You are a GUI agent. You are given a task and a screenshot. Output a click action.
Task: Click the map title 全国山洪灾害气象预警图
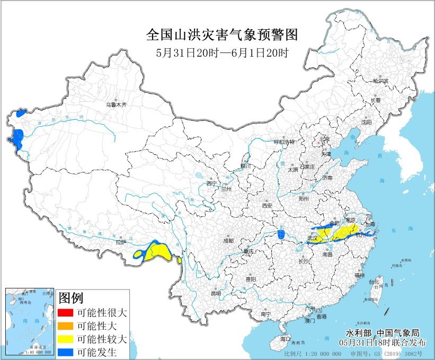pos(222,36)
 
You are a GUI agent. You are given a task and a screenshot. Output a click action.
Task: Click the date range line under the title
pos(222,52)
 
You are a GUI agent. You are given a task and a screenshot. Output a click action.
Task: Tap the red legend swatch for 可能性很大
pos(66,313)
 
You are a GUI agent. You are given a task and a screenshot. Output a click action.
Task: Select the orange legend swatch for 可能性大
pos(66,326)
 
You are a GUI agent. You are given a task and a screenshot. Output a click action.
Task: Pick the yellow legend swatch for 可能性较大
pos(66,339)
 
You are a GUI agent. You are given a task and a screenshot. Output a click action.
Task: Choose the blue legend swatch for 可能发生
pos(66,352)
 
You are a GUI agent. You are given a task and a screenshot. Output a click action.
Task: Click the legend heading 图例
pos(71,297)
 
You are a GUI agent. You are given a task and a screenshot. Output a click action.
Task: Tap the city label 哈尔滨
pos(380,81)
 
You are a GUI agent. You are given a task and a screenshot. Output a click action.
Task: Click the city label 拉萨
pos(121,242)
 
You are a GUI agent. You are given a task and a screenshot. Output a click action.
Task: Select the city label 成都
pos(228,240)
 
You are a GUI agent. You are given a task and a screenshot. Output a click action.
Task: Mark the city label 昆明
pos(216,293)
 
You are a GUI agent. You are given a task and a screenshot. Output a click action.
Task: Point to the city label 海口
pos(286,338)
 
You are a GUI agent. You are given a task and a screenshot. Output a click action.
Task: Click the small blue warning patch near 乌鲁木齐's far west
pos(21,113)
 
